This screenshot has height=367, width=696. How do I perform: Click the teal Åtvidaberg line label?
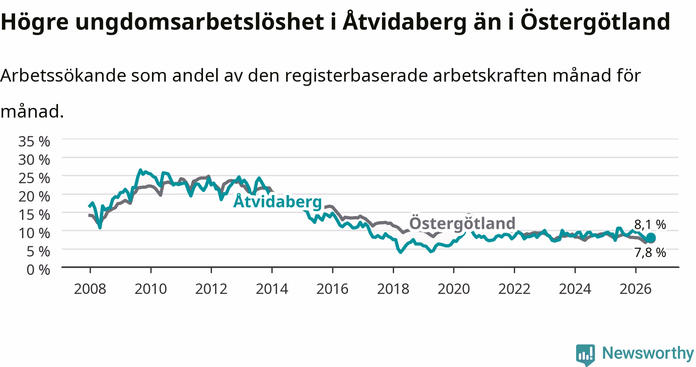(278, 201)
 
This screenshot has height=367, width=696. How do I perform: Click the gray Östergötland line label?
(462, 223)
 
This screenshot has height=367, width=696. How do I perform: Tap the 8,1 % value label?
(650, 225)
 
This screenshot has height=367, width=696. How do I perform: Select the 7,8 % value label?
(650, 253)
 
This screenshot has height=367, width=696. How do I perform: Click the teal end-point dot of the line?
(651, 238)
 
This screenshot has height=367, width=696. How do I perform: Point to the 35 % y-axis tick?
(34, 142)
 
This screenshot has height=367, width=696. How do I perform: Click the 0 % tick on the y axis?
(38, 269)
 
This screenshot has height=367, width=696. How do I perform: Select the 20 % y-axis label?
(34, 196)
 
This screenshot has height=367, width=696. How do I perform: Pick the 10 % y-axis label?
(34, 233)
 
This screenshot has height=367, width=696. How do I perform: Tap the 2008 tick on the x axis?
(90, 289)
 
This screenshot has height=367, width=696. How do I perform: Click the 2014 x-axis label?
(272, 289)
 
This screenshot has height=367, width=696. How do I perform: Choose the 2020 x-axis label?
(454, 289)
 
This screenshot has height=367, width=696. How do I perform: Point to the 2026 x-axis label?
(636, 289)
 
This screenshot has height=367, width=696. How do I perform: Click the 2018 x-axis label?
(393, 289)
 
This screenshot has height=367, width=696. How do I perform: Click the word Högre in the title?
(34, 22)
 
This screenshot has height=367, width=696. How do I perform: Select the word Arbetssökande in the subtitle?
(63, 75)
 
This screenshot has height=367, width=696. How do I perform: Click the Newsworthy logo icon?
(586, 355)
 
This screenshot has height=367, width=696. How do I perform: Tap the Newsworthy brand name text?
(648, 353)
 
